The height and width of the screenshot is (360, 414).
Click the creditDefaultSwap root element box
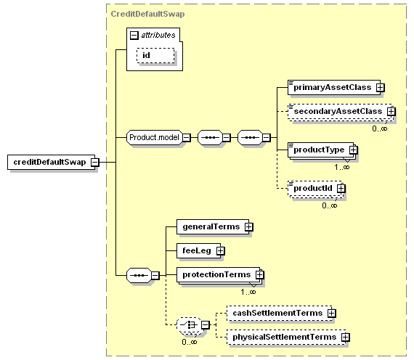point(51,162)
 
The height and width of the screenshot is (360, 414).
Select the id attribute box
point(155,55)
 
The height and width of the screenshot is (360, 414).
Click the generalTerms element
point(213,226)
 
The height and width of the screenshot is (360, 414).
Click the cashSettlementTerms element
point(280,313)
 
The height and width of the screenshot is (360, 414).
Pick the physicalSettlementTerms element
point(286,337)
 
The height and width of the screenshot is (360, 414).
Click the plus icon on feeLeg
point(221,250)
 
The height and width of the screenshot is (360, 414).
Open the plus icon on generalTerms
point(248,227)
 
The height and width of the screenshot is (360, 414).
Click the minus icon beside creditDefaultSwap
point(95,163)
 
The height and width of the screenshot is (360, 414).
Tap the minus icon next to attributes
point(134,36)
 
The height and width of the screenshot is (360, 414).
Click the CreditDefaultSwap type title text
point(147,14)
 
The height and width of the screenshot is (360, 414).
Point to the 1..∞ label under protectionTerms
point(248,292)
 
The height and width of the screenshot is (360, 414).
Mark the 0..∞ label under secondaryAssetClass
point(380,128)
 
